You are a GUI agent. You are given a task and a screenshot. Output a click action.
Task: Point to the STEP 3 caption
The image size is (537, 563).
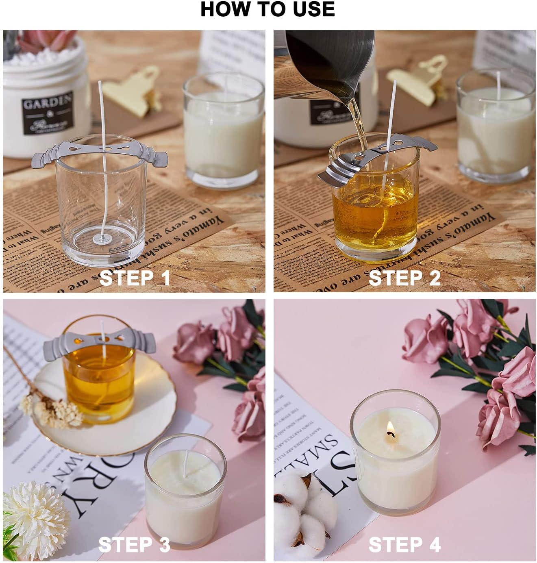click(x=134, y=544)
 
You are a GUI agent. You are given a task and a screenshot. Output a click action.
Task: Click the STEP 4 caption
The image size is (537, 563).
click(x=404, y=544)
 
